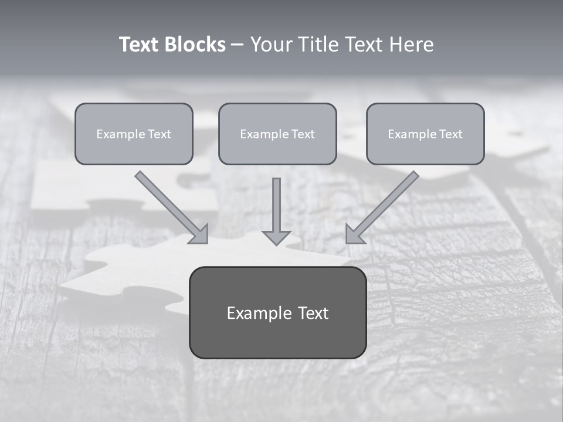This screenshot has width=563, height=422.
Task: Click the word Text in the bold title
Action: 140,45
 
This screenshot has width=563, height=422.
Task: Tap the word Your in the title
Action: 271,45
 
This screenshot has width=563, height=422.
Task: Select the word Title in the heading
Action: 319,45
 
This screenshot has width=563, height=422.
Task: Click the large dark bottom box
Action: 277,337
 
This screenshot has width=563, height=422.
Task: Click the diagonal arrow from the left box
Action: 167,202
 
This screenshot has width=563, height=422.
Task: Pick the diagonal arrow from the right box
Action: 387,202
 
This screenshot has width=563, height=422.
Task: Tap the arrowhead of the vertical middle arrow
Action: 277,237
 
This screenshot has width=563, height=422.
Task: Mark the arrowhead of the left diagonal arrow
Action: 200,234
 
